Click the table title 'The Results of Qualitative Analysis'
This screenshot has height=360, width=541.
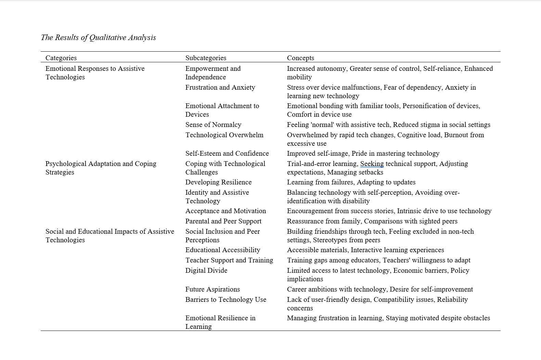tap(98, 38)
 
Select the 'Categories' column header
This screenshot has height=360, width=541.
tap(61, 58)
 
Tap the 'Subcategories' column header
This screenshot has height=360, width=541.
tap(206, 58)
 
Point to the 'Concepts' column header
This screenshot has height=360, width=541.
tap(300, 58)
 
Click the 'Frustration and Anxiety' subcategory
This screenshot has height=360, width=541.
tap(220, 87)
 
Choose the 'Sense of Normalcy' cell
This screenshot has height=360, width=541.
tap(213, 125)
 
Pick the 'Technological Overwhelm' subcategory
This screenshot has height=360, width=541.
tap(224, 135)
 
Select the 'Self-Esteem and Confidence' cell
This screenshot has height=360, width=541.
tap(227, 153)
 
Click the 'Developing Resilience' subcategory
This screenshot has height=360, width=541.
tap(218, 182)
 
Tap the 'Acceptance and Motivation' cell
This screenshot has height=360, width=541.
tap(226, 211)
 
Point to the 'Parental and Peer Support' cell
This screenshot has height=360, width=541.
tap(223, 221)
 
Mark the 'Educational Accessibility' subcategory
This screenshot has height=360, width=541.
tap(223, 250)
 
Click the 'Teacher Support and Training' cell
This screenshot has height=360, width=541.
tap(229, 260)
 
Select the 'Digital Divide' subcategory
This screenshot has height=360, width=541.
tap(206, 270)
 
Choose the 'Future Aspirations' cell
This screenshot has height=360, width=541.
tap(212, 289)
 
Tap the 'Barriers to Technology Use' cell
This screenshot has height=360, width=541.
tap(226, 299)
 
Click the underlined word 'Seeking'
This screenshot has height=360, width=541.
tap(372, 164)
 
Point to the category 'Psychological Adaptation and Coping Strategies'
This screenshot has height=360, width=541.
tap(101, 168)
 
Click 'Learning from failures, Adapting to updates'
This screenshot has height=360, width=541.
tap(351, 182)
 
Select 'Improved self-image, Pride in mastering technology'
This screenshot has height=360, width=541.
tap(363, 153)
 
